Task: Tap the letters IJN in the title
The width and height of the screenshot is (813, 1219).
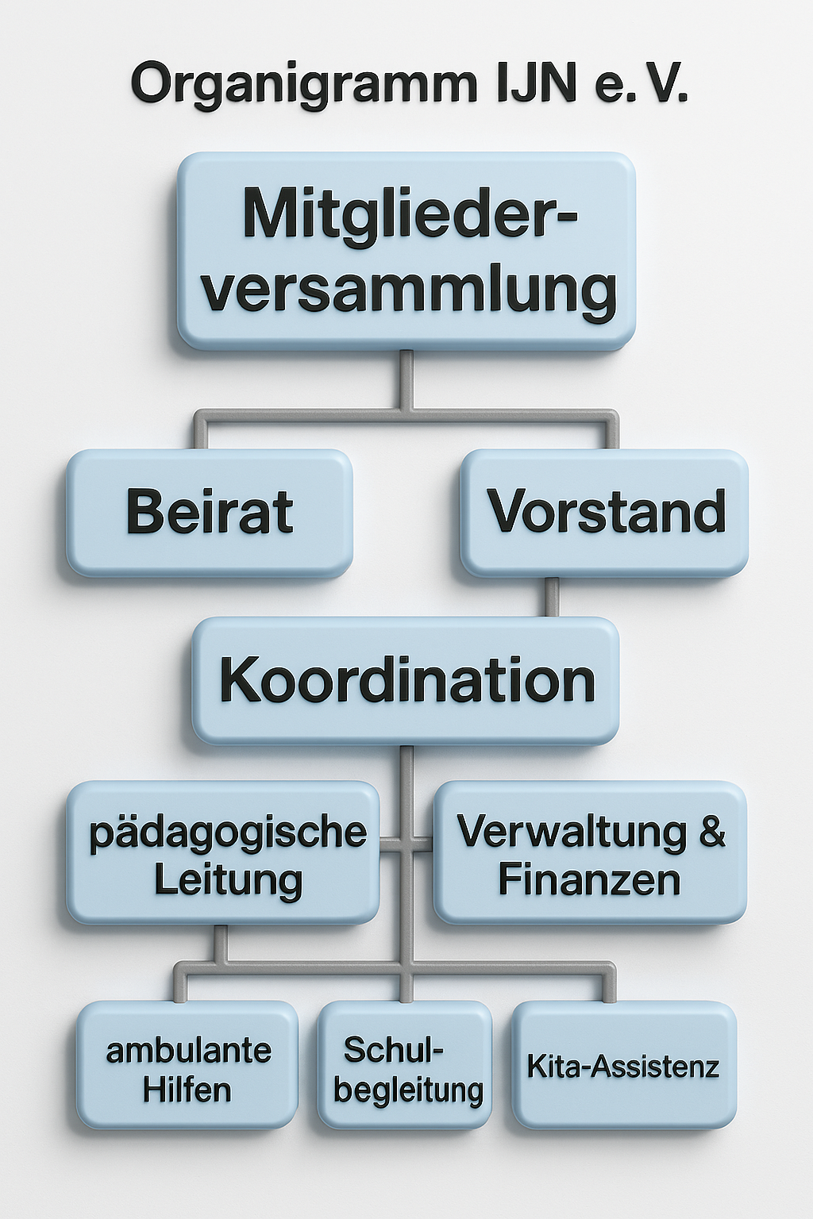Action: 537,83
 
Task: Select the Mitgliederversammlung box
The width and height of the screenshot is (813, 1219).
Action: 406,251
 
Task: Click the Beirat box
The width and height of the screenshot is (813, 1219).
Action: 210,513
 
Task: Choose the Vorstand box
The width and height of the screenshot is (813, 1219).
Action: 605,513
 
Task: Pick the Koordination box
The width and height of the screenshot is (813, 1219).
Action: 406,681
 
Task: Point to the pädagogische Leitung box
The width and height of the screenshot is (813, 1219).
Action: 223,853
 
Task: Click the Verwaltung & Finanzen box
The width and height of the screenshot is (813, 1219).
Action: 590,853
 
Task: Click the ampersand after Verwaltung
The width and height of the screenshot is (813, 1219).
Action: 712,832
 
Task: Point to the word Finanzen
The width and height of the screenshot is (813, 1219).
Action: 589,880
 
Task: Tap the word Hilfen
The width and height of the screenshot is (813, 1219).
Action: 187,1090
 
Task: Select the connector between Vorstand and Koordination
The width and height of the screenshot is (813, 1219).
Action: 551,597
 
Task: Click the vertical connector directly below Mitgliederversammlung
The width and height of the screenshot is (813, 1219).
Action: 406,379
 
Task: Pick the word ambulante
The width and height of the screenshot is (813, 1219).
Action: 189,1051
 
